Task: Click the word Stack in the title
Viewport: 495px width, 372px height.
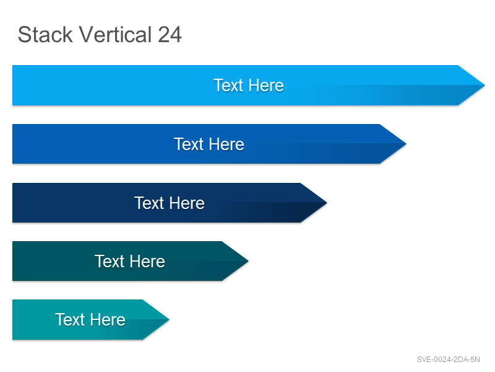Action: coord(45,34)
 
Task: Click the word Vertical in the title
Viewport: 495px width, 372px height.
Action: coord(115,34)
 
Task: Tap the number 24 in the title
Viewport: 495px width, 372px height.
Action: coord(170,34)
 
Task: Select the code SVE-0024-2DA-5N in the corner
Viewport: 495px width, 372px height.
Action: coord(448,360)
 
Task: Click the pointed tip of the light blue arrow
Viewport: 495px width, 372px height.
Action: coord(484,85)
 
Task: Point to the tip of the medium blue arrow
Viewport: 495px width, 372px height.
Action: coord(406,144)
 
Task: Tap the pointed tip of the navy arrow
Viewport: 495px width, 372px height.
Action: coord(327,203)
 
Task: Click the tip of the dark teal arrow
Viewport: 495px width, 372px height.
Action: coord(248,261)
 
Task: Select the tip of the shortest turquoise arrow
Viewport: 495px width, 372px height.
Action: coord(169,319)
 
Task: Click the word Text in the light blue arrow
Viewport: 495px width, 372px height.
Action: coord(228,86)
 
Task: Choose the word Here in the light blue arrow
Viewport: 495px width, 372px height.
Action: coord(266,86)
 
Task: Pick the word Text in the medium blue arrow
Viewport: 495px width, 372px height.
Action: coord(189,144)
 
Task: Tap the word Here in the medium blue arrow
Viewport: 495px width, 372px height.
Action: coord(226,144)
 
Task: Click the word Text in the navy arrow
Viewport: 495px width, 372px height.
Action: coord(149,203)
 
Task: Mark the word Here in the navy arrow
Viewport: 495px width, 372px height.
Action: coord(187,203)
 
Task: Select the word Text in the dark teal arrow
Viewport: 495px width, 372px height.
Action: coord(110,261)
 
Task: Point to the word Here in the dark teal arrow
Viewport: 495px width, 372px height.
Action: coord(147,261)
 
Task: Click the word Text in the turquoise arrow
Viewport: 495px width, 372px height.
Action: coord(70,319)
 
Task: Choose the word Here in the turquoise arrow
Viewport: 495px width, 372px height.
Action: coord(108,319)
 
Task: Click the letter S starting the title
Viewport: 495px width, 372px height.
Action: coord(24,34)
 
